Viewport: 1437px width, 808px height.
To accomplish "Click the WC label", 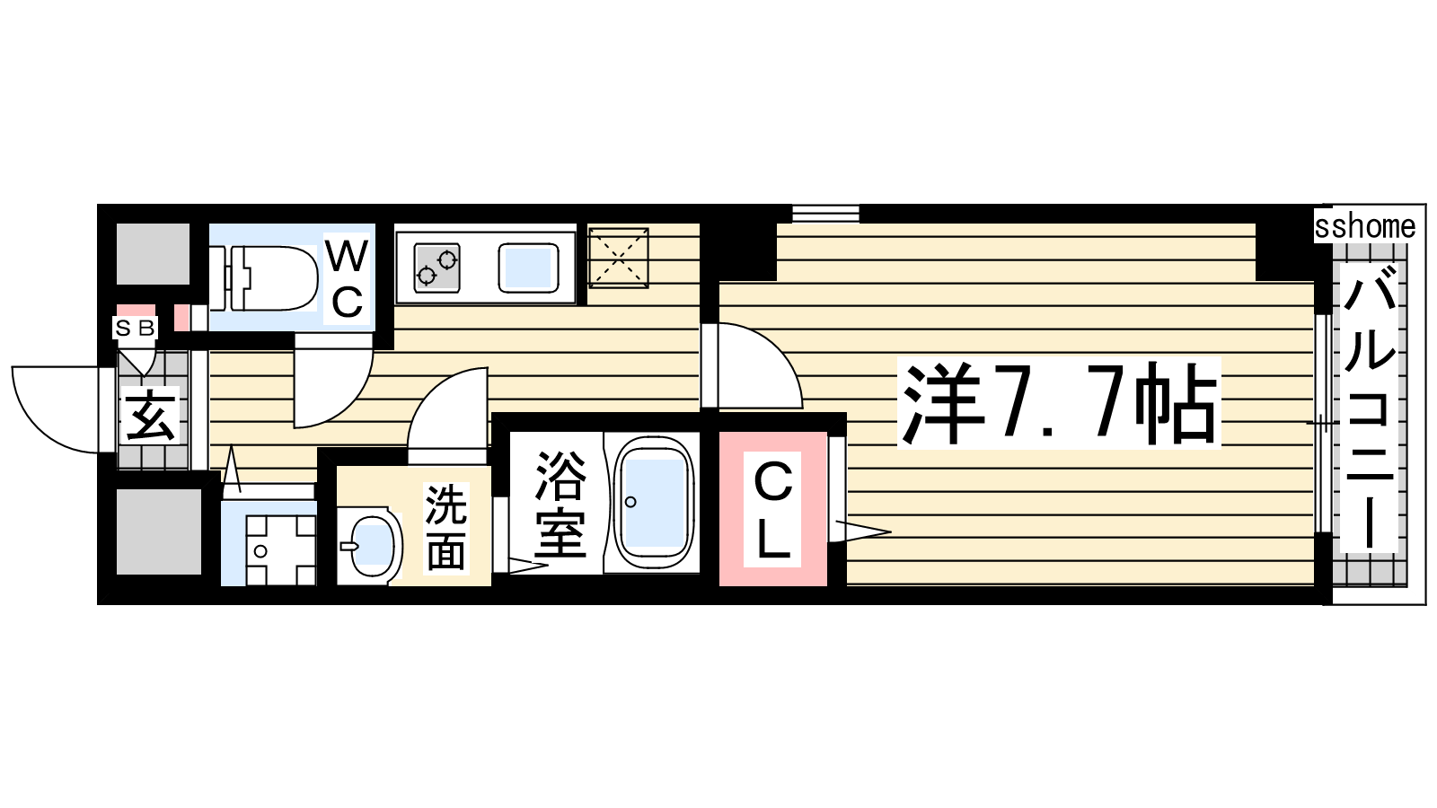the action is [347, 279].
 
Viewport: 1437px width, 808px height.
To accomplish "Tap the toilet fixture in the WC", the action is [264, 278].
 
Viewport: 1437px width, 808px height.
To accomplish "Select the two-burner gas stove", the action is [436, 268].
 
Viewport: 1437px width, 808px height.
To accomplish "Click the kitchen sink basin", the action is [529, 268].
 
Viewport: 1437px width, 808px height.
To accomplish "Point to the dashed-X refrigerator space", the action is [619, 258].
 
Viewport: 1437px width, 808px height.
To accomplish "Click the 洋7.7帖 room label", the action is [1059, 403].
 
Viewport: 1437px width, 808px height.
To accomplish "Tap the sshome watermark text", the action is [1365, 226].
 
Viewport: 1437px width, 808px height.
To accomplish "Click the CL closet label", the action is [772, 509].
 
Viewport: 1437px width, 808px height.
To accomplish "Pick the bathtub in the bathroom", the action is [654, 503].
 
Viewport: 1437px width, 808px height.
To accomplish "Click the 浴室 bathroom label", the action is [560, 504].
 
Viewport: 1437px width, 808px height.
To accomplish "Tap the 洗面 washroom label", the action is [445, 528].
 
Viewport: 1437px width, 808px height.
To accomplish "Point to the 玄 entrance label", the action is [152, 416].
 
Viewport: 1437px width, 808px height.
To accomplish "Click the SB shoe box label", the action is [135, 329].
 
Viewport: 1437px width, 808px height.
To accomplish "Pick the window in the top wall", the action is [825, 214].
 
